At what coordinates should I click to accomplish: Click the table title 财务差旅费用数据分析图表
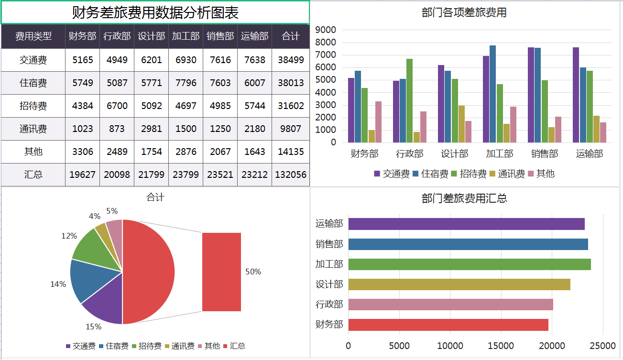155,12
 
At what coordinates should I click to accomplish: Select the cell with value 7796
186,83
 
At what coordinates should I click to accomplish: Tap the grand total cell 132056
291,175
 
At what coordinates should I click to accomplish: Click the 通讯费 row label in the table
33,129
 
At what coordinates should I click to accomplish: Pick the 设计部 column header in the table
151,36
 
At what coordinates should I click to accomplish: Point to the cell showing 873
117,129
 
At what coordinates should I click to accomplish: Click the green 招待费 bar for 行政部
409,100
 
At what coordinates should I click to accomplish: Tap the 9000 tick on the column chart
327,30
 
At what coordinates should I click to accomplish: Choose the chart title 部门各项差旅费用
464,13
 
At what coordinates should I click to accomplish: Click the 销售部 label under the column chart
544,153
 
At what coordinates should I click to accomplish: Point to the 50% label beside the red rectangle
253,272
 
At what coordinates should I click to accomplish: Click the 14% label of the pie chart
58,284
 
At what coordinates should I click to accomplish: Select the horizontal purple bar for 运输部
466,224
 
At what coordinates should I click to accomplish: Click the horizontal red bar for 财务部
448,325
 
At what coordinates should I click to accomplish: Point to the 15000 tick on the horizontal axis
501,346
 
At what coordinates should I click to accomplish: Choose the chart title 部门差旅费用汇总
464,198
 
